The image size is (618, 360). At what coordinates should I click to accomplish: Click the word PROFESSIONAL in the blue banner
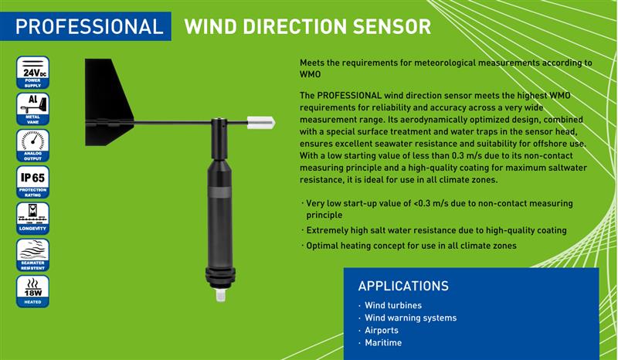[89, 27]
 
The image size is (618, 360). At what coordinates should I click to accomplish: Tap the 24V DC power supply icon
[32, 73]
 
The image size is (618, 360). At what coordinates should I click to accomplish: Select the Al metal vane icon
[32, 109]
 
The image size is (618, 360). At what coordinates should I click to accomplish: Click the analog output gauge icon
[32, 145]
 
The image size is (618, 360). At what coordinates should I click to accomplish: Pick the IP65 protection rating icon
[32, 182]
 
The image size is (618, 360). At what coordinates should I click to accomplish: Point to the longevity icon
[32, 219]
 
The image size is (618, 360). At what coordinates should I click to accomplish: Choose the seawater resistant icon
[32, 255]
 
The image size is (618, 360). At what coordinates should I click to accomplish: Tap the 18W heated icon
[32, 291]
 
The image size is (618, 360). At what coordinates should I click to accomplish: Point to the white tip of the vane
[261, 123]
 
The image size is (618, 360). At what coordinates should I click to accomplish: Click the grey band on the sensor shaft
[220, 193]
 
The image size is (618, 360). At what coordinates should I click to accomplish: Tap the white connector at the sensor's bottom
[221, 295]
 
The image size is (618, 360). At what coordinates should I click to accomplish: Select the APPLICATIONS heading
[403, 286]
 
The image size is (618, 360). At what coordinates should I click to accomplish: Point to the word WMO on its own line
[311, 74]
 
